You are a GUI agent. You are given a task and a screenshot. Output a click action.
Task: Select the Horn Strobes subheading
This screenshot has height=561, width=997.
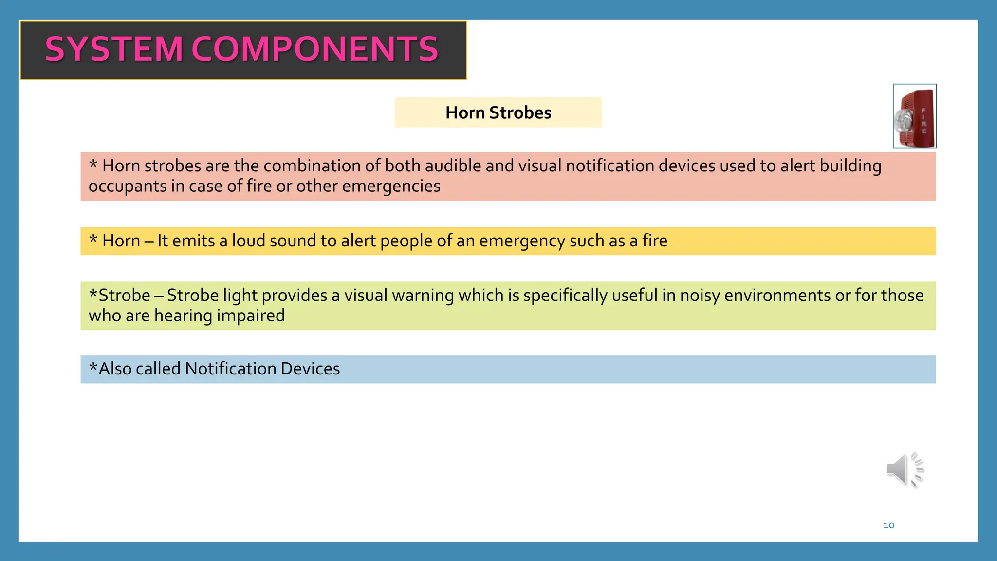click(x=498, y=112)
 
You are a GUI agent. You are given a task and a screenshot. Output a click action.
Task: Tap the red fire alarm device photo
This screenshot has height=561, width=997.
click(x=914, y=116)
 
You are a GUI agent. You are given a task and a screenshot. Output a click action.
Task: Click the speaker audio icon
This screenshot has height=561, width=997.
click(x=905, y=469)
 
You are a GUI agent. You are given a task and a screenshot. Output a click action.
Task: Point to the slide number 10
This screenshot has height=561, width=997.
click(x=888, y=525)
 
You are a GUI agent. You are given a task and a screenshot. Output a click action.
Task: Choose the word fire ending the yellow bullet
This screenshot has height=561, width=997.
click(x=654, y=241)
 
